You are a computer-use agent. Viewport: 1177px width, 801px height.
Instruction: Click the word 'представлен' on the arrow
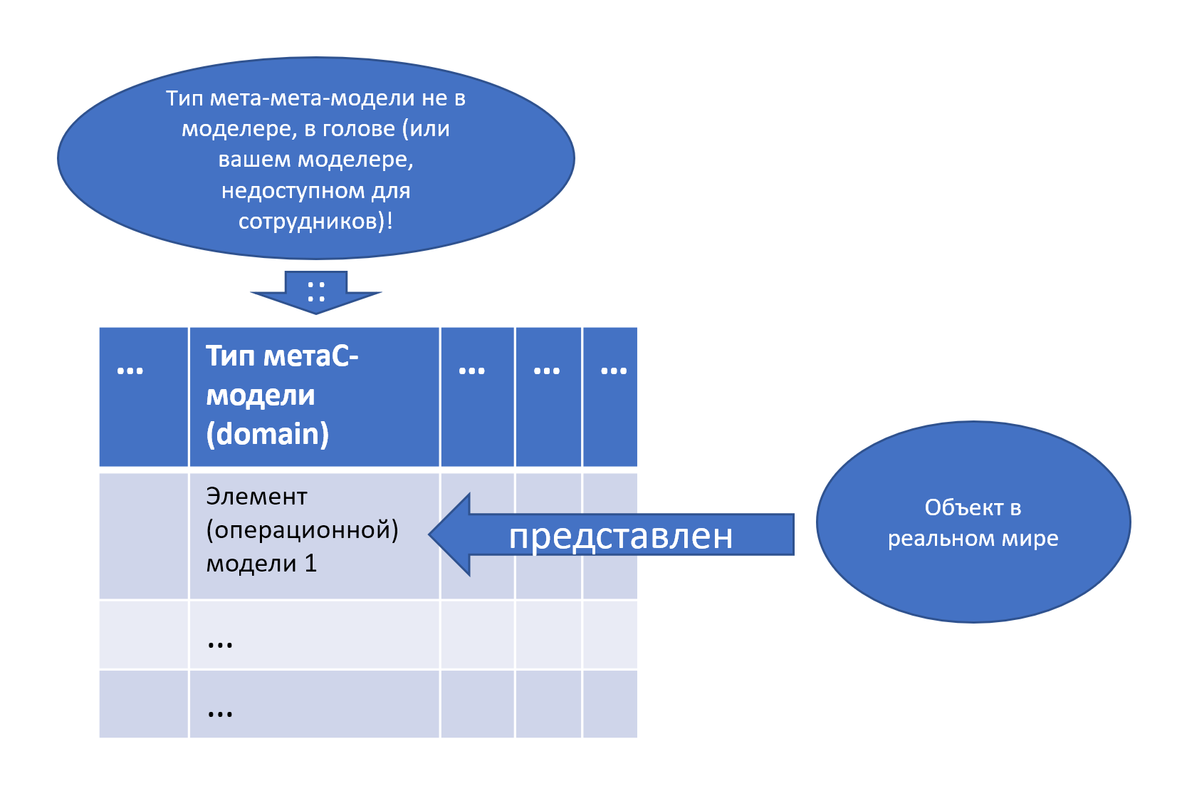620,536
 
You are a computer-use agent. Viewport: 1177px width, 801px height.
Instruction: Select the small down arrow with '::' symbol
316,292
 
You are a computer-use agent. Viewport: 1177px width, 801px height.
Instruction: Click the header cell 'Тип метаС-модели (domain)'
314,396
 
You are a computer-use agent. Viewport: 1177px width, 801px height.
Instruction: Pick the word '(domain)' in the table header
267,434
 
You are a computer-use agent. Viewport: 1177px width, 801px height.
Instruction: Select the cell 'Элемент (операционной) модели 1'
314,534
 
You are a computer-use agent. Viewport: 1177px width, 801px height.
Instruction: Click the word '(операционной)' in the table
302,529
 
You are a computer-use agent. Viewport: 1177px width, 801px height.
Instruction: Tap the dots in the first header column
130,371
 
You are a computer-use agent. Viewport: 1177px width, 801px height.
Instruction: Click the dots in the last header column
614,371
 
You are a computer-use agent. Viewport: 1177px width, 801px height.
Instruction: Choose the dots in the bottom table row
220,713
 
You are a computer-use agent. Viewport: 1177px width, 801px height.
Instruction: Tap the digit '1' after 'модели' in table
310,564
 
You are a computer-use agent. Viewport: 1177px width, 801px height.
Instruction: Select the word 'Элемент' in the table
256,496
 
